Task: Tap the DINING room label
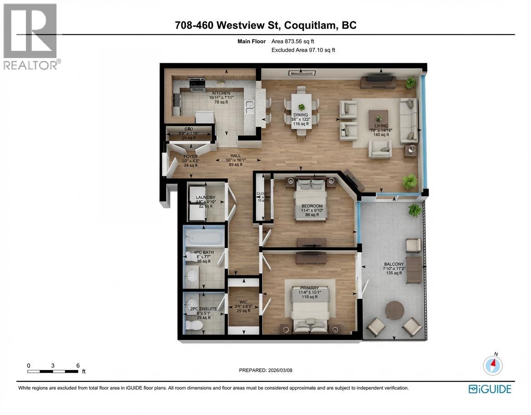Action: (300, 115)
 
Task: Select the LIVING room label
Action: (381, 126)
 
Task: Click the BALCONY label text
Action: (393, 264)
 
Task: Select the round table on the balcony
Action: (394, 310)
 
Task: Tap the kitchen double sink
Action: (249, 107)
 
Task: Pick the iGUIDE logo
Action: (490, 389)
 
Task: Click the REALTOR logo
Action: (30, 36)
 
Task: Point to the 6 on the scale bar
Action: (78, 365)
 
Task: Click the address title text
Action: (265, 25)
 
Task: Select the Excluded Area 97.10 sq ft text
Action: (303, 50)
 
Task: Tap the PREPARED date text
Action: (265, 370)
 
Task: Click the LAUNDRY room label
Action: (205, 197)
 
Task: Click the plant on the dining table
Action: (301, 107)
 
